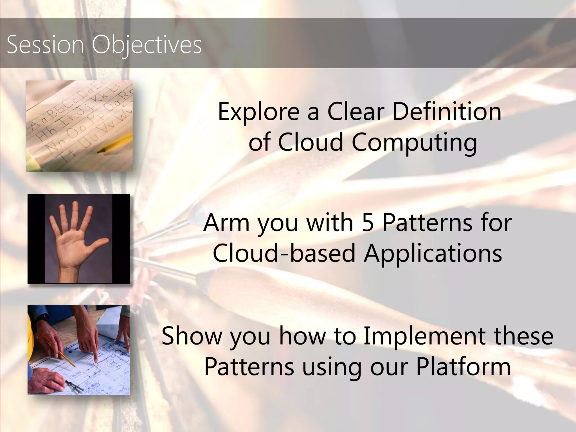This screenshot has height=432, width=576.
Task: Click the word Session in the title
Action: tap(45, 44)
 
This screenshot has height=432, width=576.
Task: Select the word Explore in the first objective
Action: tap(259, 112)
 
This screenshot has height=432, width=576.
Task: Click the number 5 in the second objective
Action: tap(368, 223)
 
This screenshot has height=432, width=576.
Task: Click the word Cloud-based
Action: tap(284, 253)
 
